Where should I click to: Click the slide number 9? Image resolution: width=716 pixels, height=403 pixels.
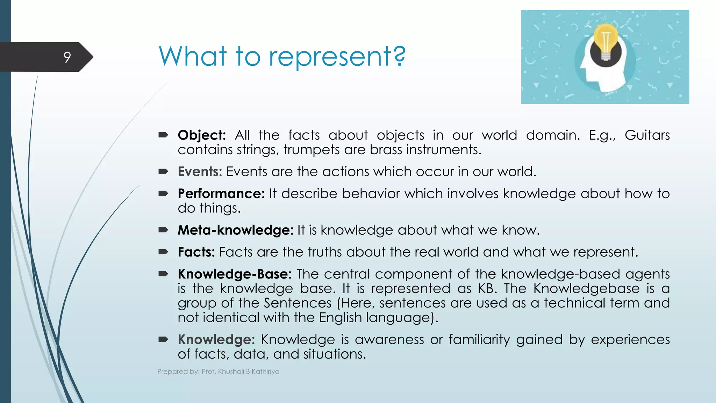coord(67,57)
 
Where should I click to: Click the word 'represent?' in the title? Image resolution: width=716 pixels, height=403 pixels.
coord(337,57)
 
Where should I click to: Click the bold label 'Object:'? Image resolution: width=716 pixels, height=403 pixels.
coord(202,135)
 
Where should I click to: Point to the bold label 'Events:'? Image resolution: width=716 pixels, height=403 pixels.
coord(200,172)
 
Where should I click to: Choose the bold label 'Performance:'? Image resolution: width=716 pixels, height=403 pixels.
coord(221,194)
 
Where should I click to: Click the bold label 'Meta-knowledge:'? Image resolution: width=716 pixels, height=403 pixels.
coord(235,230)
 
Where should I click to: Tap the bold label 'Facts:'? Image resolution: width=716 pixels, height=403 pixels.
coord(196,252)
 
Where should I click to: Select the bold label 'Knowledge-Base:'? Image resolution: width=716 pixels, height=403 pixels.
coord(235,274)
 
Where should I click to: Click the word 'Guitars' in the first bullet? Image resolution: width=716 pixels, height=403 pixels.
coord(647,135)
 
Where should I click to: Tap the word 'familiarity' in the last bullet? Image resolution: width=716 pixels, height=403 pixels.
coord(479,340)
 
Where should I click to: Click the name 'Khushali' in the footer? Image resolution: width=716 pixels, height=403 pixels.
coord(231,372)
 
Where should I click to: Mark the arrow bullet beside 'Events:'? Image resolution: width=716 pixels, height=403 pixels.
coord(163,171)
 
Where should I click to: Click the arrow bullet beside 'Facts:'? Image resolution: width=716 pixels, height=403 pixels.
coord(163,252)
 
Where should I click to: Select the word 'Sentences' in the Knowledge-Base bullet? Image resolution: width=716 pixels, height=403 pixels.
coord(298,303)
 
